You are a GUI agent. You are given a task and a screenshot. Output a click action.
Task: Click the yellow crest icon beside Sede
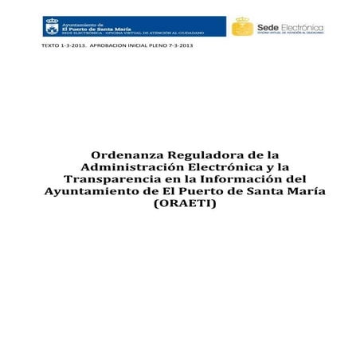tap(242, 27)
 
